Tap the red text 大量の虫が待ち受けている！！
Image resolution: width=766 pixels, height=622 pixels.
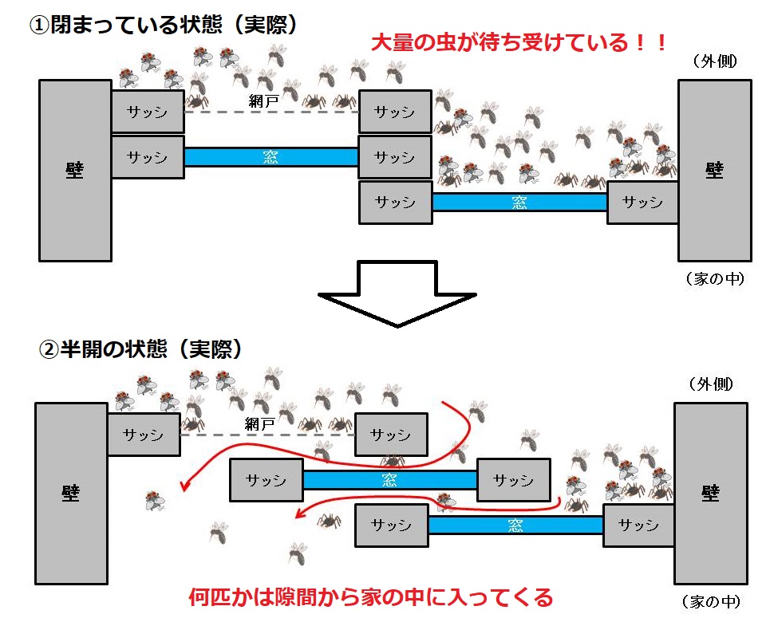pyautogui.click(x=519, y=41)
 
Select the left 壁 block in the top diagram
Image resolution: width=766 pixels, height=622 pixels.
pyautogui.click(x=75, y=170)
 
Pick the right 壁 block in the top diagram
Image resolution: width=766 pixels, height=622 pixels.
pyautogui.click(x=714, y=170)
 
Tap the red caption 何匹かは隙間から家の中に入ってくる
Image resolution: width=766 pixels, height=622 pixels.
pyautogui.click(x=370, y=596)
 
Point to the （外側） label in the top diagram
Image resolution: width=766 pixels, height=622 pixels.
pyautogui.click(x=714, y=61)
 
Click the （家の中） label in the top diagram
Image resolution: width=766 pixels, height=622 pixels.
pyautogui.click(x=714, y=279)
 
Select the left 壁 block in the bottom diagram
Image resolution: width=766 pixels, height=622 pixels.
pyautogui.click(x=71, y=493)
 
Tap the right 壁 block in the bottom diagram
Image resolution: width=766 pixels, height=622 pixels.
pyautogui.click(x=710, y=493)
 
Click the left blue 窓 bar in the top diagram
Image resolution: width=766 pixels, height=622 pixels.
pyautogui.click(x=271, y=157)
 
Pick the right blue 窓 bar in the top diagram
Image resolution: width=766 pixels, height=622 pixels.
pyautogui.click(x=519, y=203)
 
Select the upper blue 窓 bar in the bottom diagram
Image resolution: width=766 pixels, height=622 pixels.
pyautogui.click(x=389, y=480)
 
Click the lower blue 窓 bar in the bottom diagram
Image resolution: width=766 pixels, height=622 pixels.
pyautogui.click(x=515, y=525)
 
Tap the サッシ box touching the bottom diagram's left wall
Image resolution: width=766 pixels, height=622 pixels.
pyautogui.click(x=143, y=435)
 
